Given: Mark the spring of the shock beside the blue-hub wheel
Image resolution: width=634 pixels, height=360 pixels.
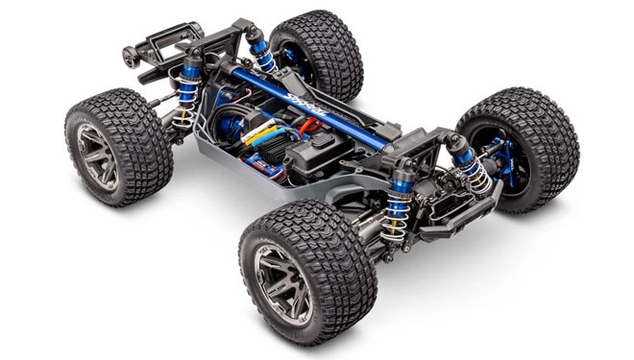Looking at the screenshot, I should pyautogui.click(x=472, y=173).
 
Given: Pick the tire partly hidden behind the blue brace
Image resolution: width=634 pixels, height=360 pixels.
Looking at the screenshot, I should pyautogui.click(x=317, y=53).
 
